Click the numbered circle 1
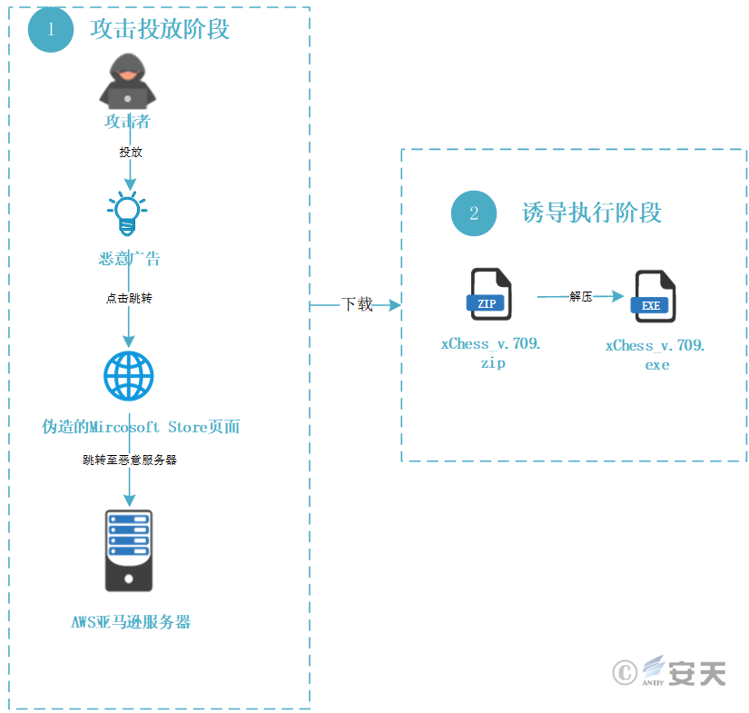(51, 30)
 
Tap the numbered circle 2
(473, 213)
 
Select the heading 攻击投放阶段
(160, 29)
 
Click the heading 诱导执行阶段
(591, 213)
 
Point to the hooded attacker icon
(127, 81)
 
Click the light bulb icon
(127, 213)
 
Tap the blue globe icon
(129, 376)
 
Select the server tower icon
(129, 550)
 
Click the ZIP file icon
(488, 294)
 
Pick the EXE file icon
(653, 296)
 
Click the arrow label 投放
(131, 152)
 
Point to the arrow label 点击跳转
(129, 298)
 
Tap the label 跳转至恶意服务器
(130, 460)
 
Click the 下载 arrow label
(357, 304)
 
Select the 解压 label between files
(581, 297)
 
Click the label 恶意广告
(129, 259)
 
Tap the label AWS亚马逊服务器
(131, 622)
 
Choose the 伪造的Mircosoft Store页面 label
(141, 427)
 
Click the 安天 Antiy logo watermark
(669, 671)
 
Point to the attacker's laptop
(127, 98)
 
